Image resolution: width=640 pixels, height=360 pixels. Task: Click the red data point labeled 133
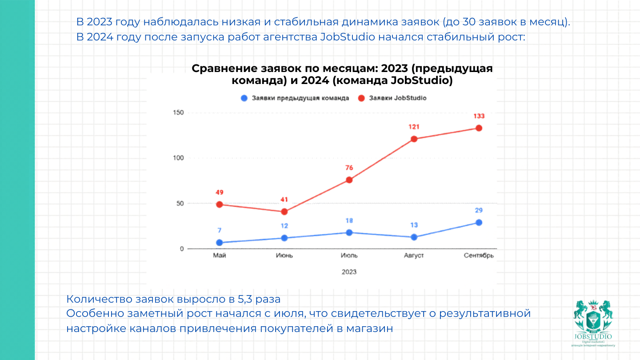[479, 128]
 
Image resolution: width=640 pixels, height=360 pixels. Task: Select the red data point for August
[414, 139]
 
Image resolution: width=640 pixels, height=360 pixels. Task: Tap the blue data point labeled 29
[479, 222]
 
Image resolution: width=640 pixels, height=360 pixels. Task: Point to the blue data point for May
[220, 243]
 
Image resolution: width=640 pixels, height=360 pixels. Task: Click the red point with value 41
[284, 212]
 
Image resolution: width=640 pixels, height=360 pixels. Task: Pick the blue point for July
[349, 232]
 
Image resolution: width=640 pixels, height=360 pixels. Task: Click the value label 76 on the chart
[349, 168]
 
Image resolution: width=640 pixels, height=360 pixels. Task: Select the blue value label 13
[414, 225]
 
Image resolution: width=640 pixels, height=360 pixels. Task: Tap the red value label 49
[220, 192]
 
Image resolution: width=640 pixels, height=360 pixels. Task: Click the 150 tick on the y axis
[178, 113]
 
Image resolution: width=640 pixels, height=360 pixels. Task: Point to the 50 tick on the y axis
[180, 204]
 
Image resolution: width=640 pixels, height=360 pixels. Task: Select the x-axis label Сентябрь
[479, 256]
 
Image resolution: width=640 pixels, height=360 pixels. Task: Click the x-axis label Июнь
[284, 256]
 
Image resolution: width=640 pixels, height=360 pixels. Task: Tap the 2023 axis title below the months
[349, 272]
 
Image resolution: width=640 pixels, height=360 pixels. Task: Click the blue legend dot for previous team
[244, 98]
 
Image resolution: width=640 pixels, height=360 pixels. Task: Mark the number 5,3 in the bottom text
[242, 298]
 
